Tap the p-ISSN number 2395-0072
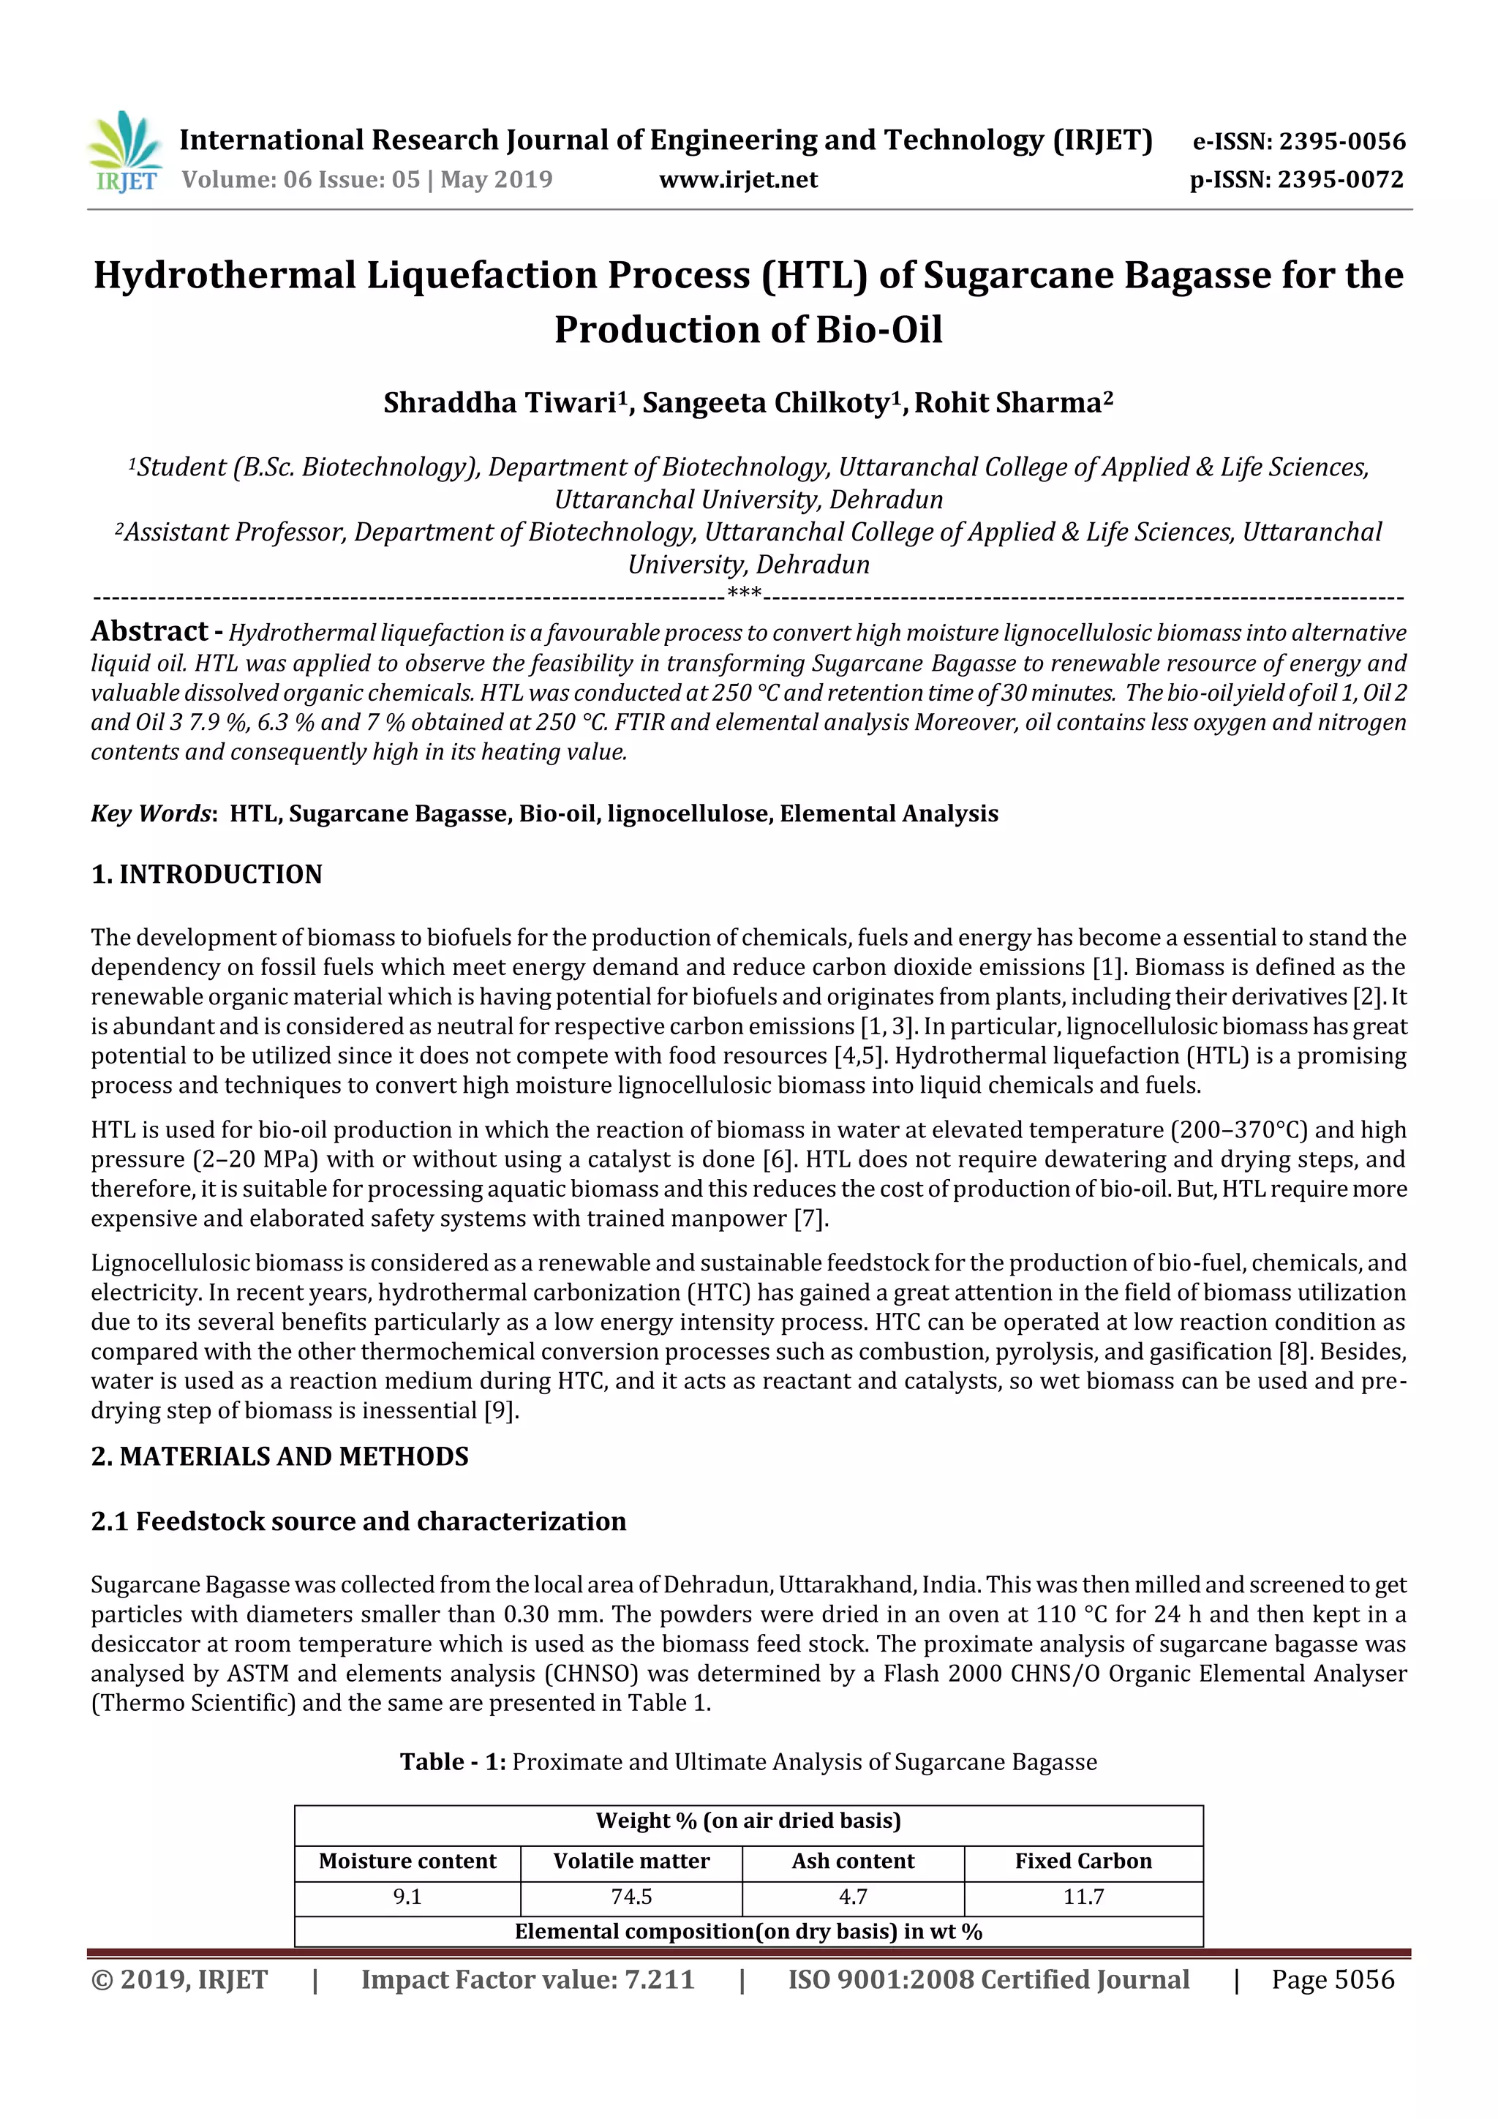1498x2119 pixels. pyautogui.click(x=1340, y=180)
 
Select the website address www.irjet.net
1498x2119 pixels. pyautogui.click(x=737, y=180)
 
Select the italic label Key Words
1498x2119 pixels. pyautogui.click(x=151, y=813)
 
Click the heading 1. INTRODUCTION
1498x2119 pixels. pyautogui.click(x=207, y=874)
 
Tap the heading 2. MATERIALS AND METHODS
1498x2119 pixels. pyautogui.click(x=279, y=1456)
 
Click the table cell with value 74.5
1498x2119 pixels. pyautogui.click(x=631, y=1897)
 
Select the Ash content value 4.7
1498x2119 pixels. pyautogui.click(x=853, y=1897)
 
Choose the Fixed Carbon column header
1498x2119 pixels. pyautogui.click(x=1083, y=1861)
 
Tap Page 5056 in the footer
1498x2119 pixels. pyautogui.click(x=1332, y=1979)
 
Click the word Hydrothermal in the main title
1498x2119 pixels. pyautogui.click(x=225, y=275)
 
